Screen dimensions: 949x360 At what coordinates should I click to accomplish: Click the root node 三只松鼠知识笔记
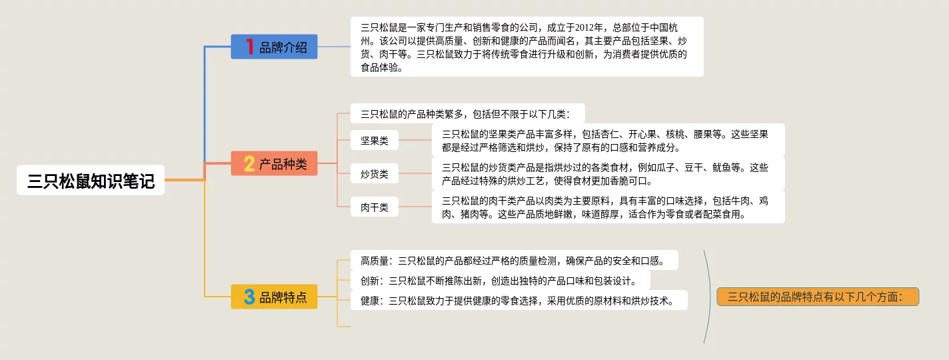(x=91, y=181)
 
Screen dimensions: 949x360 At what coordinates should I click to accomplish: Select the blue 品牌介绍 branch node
(x=274, y=47)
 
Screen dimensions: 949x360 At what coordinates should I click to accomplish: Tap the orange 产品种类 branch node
(x=274, y=163)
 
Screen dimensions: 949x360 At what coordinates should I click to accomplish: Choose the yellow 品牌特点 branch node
(x=274, y=297)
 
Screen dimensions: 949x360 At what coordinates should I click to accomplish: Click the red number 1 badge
(x=250, y=47)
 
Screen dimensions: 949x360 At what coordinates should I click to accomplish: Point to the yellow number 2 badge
(x=249, y=163)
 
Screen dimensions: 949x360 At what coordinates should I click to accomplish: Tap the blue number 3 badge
(x=249, y=297)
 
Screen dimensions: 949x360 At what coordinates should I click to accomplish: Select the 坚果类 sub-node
(x=375, y=141)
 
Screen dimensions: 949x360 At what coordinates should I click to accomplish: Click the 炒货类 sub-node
(x=375, y=174)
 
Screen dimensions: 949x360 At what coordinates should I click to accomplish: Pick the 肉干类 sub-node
(x=375, y=207)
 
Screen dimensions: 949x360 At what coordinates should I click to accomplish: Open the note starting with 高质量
(x=514, y=260)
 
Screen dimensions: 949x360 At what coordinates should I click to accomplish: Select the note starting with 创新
(x=500, y=280)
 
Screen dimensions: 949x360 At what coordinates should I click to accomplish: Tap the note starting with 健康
(x=518, y=300)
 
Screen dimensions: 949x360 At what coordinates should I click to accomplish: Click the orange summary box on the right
(x=818, y=297)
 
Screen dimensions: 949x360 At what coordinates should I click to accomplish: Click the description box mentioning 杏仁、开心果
(x=608, y=140)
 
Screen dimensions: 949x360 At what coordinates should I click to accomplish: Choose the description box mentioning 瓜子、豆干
(x=608, y=173)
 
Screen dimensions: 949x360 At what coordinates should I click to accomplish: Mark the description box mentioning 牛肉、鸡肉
(x=608, y=207)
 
